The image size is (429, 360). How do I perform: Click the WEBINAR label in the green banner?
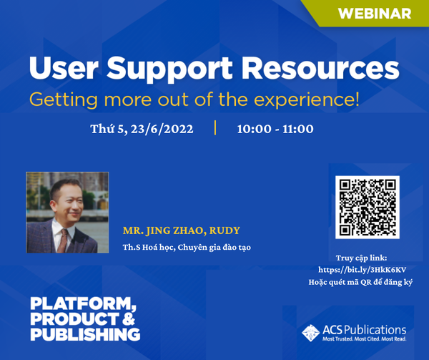coord(375,14)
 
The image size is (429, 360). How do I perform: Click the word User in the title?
coord(64,68)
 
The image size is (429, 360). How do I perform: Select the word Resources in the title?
coord(320,68)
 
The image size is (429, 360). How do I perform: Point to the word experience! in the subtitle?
coord(307,100)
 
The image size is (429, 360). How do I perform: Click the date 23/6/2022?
coord(162,129)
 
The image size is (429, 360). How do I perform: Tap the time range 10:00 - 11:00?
coord(275,129)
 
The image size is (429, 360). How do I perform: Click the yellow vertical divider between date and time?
coord(215,127)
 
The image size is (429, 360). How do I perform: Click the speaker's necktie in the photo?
coord(63,240)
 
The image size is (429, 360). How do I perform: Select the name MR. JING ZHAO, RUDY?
coord(182,230)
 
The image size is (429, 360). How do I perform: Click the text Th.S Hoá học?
coord(149,247)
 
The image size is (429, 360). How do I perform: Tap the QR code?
coord(368,208)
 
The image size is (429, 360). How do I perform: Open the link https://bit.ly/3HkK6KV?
coord(362,270)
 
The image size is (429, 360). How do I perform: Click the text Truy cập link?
coord(361,258)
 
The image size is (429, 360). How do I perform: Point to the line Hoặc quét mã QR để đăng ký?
coord(360,282)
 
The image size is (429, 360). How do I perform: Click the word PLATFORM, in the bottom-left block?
coord(83,304)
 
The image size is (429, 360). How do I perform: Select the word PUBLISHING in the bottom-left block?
coord(85,334)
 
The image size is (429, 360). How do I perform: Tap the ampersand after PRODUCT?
coord(129,319)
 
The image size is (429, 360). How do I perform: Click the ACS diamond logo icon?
coord(311,333)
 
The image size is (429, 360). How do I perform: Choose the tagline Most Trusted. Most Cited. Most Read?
coord(364,339)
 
